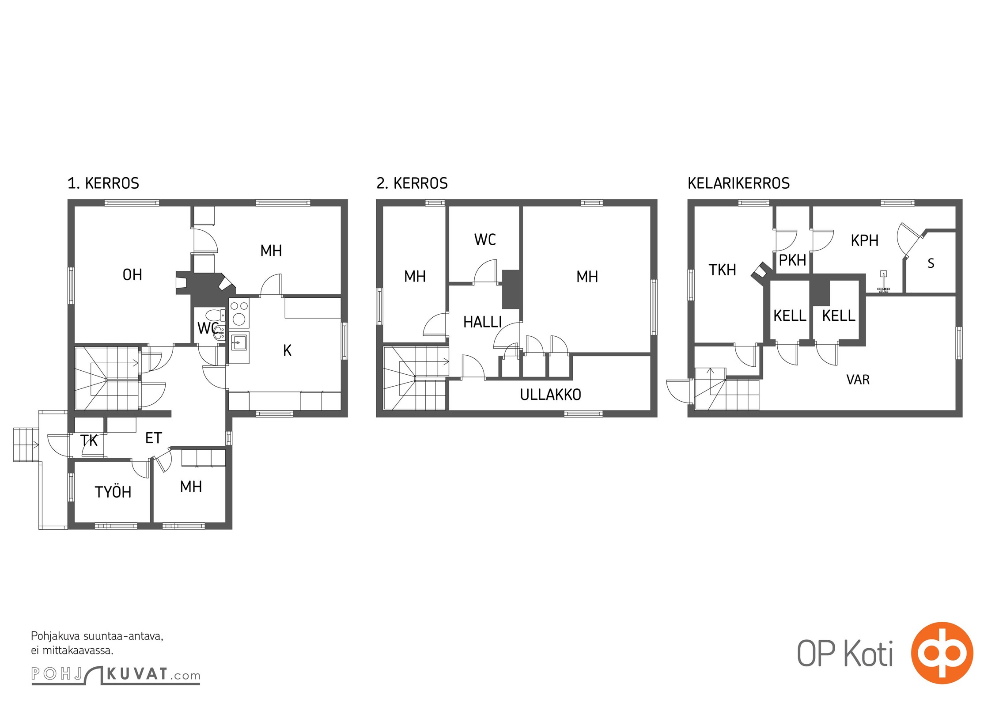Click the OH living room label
tap(132, 275)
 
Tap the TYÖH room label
tap(113, 491)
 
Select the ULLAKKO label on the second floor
tap(550, 395)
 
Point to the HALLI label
tap(482, 322)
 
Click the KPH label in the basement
tap(865, 240)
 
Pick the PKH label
tap(792, 260)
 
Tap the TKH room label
tap(723, 270)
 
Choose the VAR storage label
tap(858, 380)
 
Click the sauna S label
tap(931, 263)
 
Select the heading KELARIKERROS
tap(738, 183)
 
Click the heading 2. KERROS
tap(412, 183)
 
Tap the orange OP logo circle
tap(942, 653)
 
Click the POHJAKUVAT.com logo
tap(116, 675)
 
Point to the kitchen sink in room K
tap(239, 342)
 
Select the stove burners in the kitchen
tap(239, 312)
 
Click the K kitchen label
tap(287, 350)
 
